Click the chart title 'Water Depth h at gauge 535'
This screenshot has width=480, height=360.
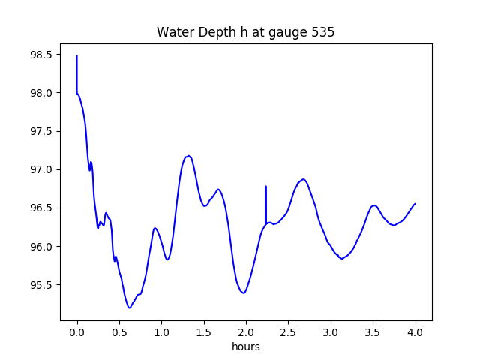click(x=245, y=32)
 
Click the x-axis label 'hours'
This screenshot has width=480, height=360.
click(x=245, y=346)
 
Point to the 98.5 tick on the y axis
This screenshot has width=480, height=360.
click(x=42, y=55)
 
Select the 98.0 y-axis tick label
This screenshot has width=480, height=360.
click(x=42, y=94)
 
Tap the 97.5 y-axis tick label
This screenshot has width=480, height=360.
click(x=42, y=132)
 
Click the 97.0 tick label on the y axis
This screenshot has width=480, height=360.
click(x=42, y=170)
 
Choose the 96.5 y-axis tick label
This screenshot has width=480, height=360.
click(x=42, y=208)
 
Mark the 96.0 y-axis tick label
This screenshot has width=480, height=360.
click(x=42, y=247)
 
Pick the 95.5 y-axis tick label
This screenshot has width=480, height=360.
click(x=42, y=286)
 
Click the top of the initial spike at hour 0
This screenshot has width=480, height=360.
click(x=77, y=56)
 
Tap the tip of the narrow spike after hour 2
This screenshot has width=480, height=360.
click(x=265, y=187)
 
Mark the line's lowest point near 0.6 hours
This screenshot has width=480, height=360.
click(x=129, y=307)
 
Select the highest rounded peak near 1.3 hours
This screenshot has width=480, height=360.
click(x=189, y=156)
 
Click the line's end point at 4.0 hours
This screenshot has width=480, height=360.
click(x=415, y=204)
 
